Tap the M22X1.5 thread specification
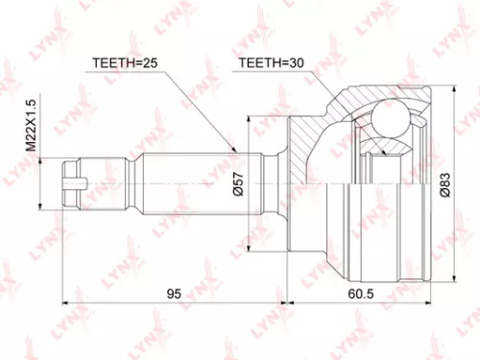[31, 125]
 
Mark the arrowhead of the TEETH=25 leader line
[234, 149]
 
